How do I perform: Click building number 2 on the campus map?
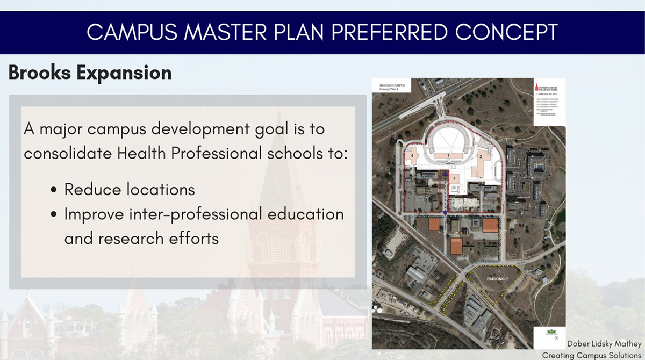click(481, 156)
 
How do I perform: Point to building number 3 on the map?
click(454, 177)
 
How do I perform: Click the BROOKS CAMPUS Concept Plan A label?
click(391, 88)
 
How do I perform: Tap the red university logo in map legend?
click(538, 86)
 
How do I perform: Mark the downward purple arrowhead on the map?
click(446, 213)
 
